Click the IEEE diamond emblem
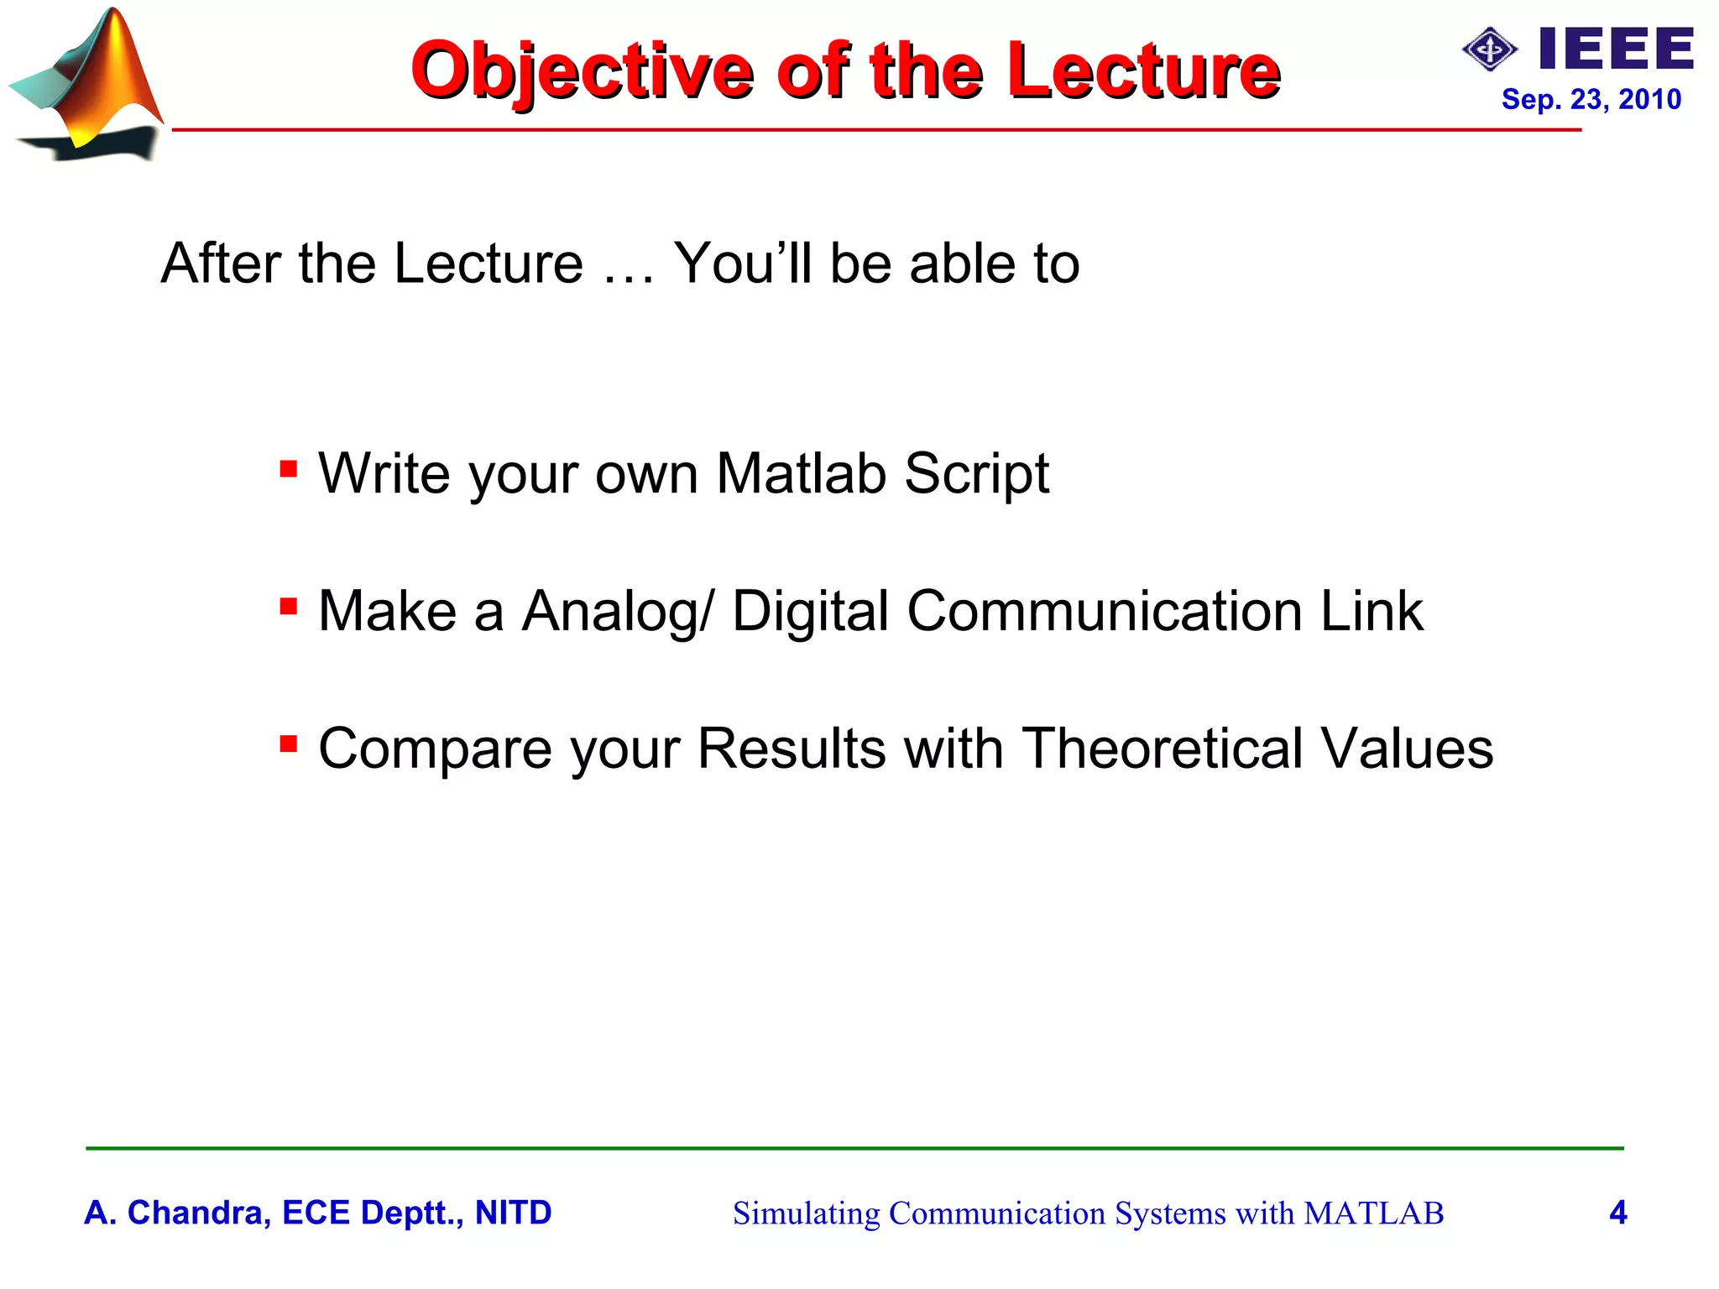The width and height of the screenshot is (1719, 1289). point(1490,50)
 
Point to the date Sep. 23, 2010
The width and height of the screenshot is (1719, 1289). point(1591,99)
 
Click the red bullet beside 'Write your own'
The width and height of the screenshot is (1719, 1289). point(289,468)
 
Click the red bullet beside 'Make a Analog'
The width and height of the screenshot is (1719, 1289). point(289,605)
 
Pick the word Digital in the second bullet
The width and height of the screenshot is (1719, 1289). point(810,612)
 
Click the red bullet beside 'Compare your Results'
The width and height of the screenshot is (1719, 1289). point(289,743)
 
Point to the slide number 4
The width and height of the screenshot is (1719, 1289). point(1617,1213)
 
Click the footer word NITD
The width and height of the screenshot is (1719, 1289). point(513,1213)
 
